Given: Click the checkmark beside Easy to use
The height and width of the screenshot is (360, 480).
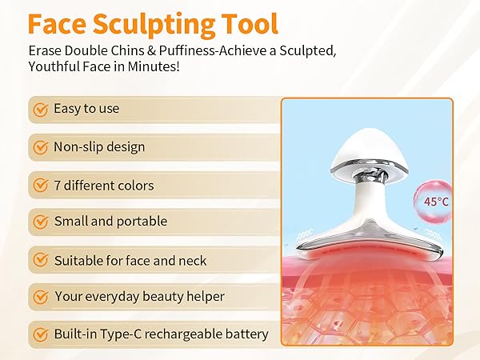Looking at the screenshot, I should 40,109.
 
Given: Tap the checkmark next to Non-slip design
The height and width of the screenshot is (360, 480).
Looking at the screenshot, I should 40,147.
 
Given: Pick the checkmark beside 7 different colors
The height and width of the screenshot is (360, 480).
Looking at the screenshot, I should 40,185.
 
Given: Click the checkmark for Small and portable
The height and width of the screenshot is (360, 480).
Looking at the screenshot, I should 40,222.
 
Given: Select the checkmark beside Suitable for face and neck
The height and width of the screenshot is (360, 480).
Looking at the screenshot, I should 40,260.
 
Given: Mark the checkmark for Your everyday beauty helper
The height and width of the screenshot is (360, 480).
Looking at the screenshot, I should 40,297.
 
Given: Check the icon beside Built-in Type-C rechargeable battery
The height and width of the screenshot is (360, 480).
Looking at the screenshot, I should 40,334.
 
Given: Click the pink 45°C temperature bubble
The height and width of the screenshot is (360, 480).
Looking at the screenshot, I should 434,201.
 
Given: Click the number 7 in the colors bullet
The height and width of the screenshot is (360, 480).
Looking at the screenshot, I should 58,185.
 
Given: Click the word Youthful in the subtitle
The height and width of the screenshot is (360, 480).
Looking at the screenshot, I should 58,66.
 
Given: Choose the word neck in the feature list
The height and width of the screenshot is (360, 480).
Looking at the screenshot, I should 192,260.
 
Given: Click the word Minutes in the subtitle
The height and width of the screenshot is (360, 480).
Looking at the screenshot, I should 154,66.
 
